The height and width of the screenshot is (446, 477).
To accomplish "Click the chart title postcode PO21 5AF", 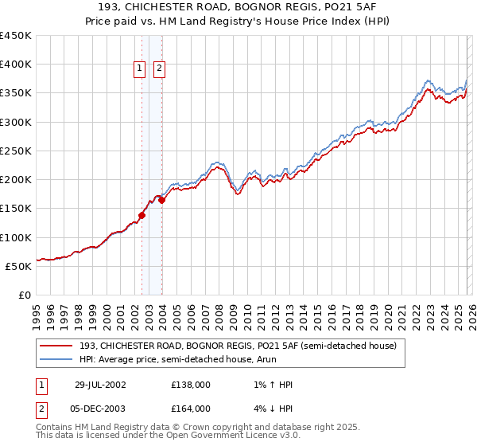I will (x=345, y=6).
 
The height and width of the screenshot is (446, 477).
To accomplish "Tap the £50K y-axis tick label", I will (x=18, y=266).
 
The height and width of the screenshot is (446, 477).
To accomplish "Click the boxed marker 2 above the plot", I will (x=159, y=69).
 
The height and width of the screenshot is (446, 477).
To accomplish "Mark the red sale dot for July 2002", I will (x=142, y=215).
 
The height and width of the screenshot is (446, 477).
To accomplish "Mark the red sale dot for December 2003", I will (x=161, y=201).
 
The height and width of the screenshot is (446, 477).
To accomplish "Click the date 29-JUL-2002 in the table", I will (x=100, y=385).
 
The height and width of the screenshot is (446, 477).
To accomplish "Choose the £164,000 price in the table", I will (x=191, y=409).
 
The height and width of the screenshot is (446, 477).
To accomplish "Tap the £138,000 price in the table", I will (x=191, y=385).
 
